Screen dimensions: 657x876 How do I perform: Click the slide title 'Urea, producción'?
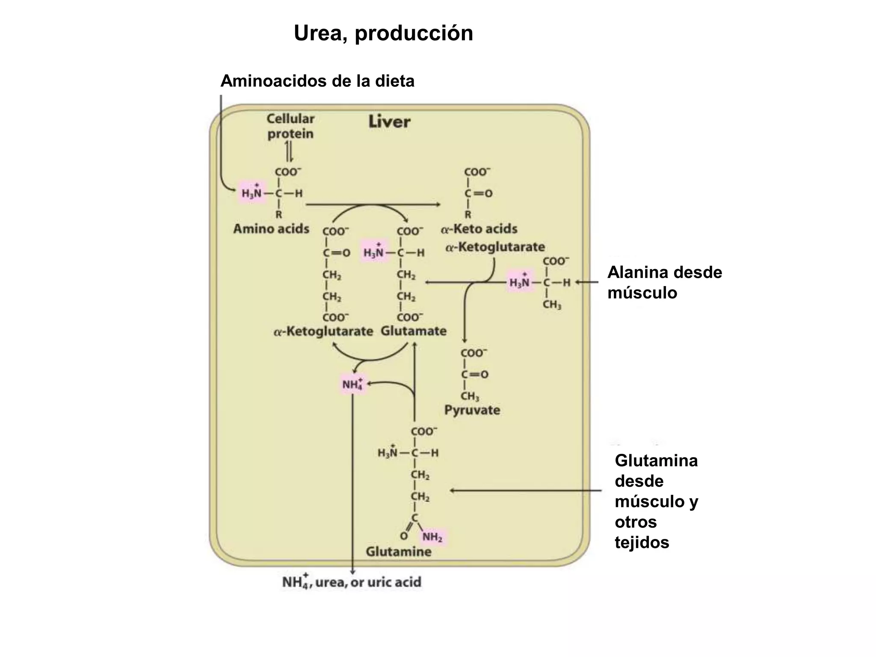click(383, 33)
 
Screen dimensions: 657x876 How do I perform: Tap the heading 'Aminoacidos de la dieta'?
click(317, 81)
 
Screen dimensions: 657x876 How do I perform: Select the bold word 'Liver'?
click(389, 122)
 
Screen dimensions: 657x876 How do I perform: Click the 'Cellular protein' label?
click(290, 126)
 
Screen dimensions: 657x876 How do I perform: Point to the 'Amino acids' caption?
click(271, 229)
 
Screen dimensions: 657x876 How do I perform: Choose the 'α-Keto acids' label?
click(479, 229)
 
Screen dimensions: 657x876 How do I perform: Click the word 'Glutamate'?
click(414, 331)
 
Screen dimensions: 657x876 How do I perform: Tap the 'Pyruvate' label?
click(472, 410)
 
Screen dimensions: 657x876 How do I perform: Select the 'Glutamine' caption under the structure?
click(398, 552)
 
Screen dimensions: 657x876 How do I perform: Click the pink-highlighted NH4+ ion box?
click(352, 384)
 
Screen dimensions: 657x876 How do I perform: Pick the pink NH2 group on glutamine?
click(432, 537)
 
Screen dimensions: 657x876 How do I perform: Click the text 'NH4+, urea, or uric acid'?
click(352, 582)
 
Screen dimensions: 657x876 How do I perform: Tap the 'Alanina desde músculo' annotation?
click(664, 282)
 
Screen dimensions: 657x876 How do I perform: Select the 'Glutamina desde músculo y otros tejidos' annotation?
click(656, 501)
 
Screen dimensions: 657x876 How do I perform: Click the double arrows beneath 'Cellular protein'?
click(290, 151)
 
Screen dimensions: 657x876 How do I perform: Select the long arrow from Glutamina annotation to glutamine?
click(526, 491)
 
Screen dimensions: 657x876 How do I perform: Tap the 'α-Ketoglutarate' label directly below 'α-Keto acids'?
click(495, 247)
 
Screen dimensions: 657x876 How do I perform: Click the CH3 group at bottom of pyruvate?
click(470, 396)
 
